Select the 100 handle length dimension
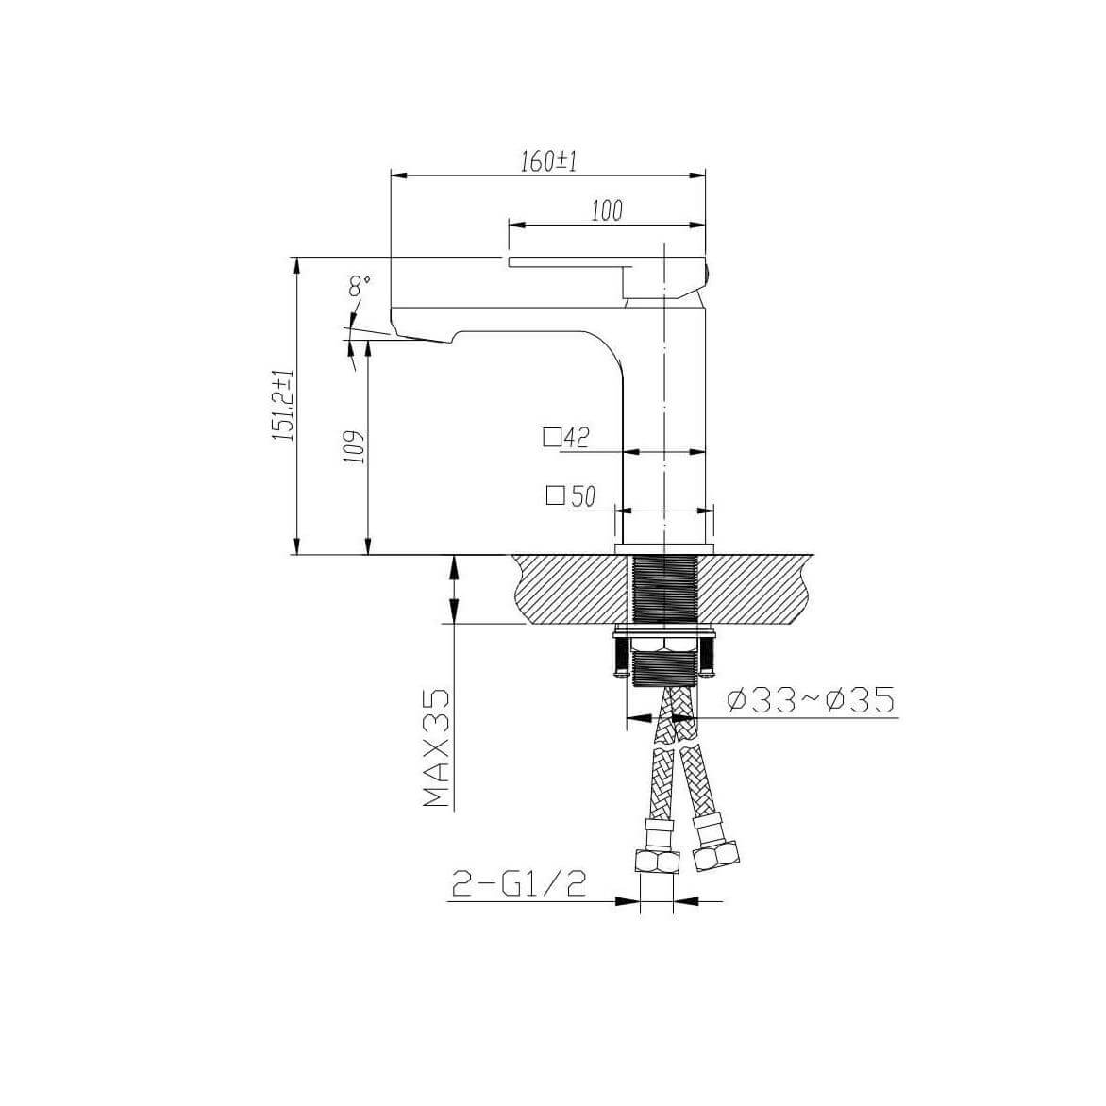[607, 210]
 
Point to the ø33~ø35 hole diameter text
[811, 700]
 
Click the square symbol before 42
[552, 438]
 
